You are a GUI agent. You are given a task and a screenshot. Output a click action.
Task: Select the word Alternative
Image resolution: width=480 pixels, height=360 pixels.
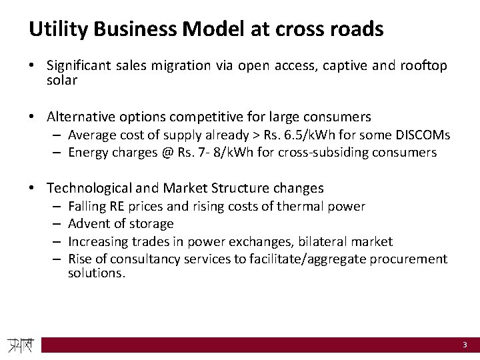(82, 117)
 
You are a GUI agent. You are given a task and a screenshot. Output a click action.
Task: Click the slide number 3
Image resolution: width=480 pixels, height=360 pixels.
(465, 345)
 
